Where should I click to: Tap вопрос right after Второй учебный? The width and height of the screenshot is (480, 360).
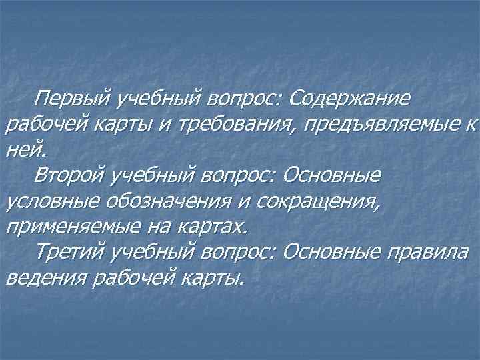point(243,176)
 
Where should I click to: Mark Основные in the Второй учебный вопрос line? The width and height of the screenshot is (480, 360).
point(332,176)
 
